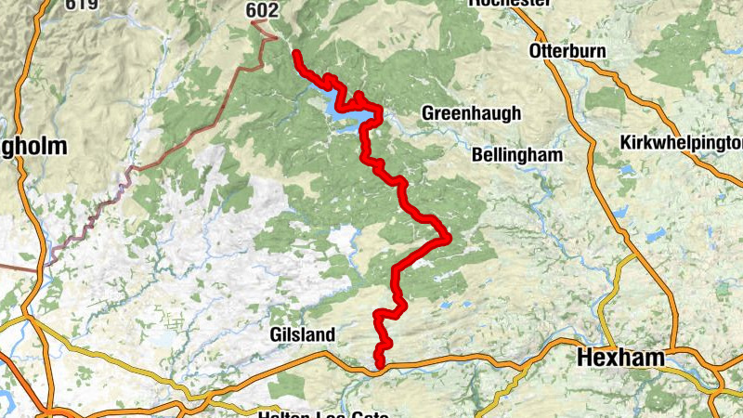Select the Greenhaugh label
click(x=471, y=112)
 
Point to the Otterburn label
click(x=567, y=50)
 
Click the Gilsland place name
click(x=302, y=333)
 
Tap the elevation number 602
click(x=261, y=9)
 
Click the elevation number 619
click(x=81, y=4)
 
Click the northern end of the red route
click(x=295, y=54)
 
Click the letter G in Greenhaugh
click(x=428, y=112)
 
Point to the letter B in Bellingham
click(x=478, y=155)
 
